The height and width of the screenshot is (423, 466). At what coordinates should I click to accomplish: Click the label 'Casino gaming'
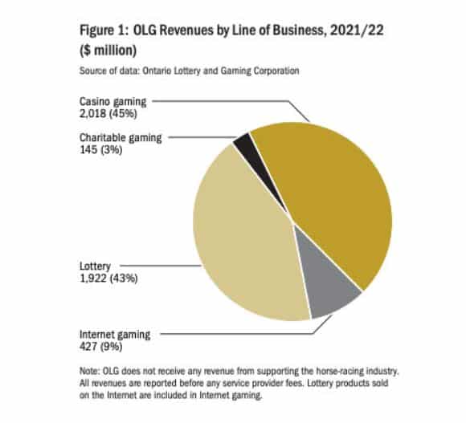[x=113, y=102]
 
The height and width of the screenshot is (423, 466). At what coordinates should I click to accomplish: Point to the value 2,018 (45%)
[x=108, y=114]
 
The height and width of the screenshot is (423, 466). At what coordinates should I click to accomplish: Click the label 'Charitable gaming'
[x=121, y=138]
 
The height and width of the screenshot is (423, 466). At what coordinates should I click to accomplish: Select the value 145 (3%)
[x=100, y=150]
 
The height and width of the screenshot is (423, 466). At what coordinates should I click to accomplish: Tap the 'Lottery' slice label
[x=95, y=266]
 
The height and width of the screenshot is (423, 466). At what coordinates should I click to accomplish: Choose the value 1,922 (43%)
[x=108, y=279]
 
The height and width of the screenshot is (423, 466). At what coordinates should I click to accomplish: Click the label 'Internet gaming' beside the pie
[x=115, y=335]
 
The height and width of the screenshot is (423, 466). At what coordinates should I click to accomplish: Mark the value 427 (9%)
[x=100, y=347]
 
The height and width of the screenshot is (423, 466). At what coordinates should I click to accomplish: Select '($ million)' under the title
[x=108, y=51]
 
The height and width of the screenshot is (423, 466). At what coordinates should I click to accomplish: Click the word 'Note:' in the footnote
[x=89, y=372]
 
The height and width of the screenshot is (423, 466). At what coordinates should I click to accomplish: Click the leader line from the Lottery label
[x=161, y=266]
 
